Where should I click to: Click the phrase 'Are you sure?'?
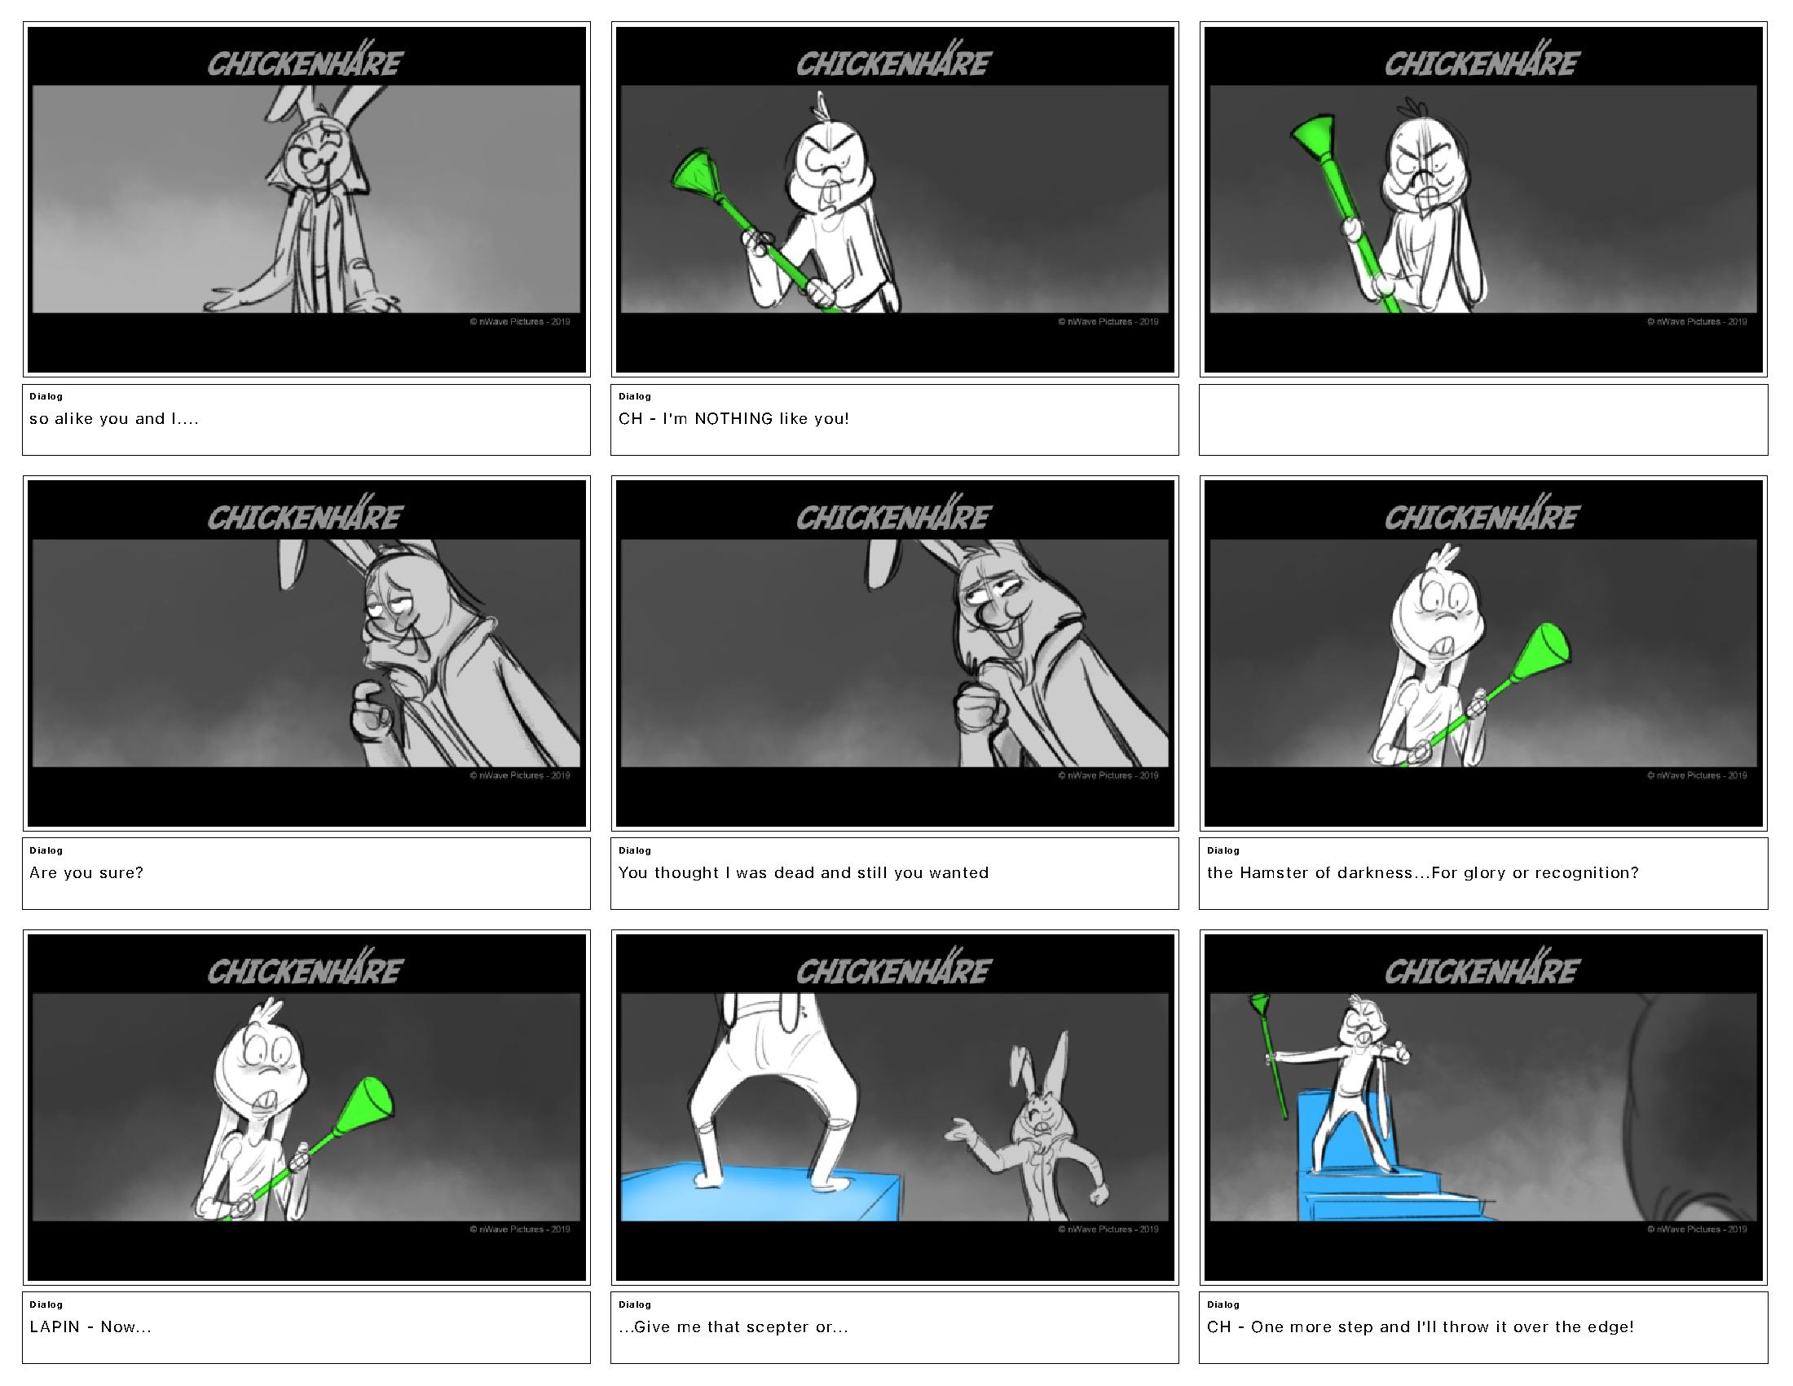(86, 873)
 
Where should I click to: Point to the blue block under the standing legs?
(760, 1198)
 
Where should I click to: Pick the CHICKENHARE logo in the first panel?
(305, 61)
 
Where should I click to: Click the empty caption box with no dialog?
(1482, 420)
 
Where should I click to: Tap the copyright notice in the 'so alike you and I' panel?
(520, 322)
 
